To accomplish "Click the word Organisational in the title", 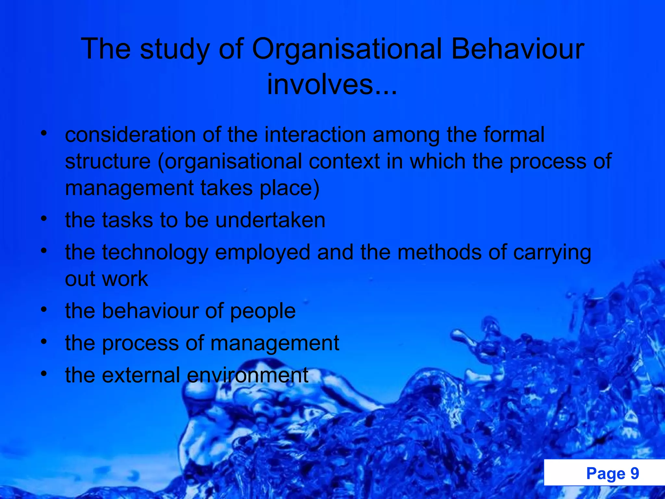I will point(347,49).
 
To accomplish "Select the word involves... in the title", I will point(332,84).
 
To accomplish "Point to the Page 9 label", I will point(612,473).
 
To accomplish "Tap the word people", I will point(263,311).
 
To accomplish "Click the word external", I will point(141,375).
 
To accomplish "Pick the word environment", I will point(247,375).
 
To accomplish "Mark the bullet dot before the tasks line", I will point(44,219).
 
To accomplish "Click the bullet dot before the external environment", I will point(44,374).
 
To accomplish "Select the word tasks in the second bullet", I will point(127,220).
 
